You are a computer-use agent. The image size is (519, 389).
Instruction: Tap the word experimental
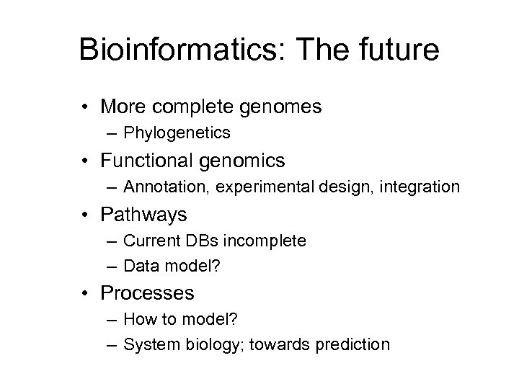click(x=248, y=187)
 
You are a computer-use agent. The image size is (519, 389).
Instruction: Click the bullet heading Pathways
click(x=144, y=214)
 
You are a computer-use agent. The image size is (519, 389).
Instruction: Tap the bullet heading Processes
click(x=147, y=293)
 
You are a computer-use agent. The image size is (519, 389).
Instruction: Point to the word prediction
click(x=352, y=345)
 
